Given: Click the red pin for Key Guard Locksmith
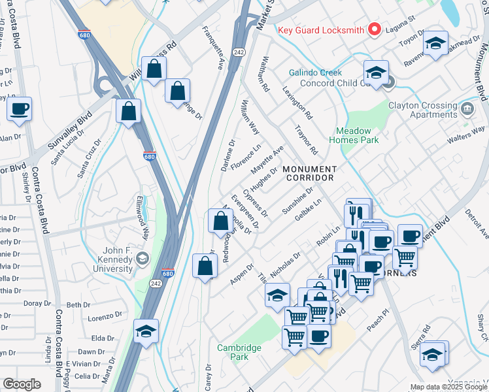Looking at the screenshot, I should pyautogui.click(x=375, y=29).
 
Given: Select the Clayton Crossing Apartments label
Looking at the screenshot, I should pyautogui.click(x=422, y=109).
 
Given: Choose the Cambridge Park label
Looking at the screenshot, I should pyautogui.click(x=239, y=352).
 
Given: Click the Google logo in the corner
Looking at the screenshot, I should pyautogui.click(x=22, y=384).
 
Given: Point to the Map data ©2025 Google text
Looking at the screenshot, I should pyautogui.click(x=448, y=387).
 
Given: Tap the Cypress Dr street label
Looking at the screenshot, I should pyautogui.click(x=255, y=203).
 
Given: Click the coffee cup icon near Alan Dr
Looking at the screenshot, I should pyautogui.click(x=19, y=108).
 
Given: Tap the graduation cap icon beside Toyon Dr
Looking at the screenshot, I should pyautogui.click(x=435, y=43).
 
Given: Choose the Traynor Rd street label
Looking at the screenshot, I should pyautogui.click(x=306, y=140).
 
